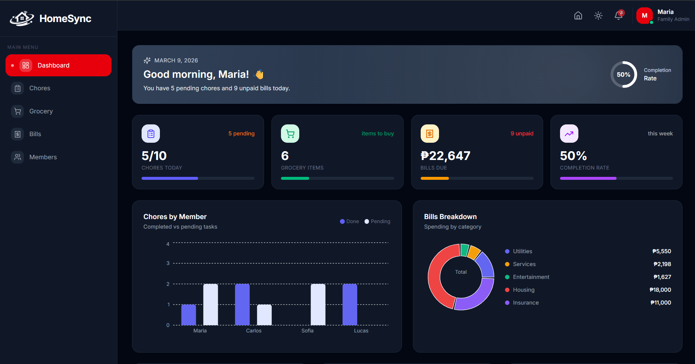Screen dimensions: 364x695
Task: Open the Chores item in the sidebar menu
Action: (x=40, y=88)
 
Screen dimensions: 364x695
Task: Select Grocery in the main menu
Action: (x=41, y=111)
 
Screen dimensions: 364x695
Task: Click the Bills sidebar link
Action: (x=35, y=134)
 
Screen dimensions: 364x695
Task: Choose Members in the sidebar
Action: (x=43, y=157)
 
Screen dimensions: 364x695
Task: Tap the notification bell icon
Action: (x=618, y=15)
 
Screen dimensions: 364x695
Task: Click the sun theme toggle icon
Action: (x=598, y=15)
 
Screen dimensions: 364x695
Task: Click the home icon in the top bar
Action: (x=578, y=15)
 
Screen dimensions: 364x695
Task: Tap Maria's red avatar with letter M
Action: (x=644, y=16)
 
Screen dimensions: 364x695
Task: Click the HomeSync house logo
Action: (x=22, y=18)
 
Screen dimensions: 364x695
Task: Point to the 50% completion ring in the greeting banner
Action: (x=623, y=74)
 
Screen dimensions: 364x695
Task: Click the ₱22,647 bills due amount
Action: (x=445, y=156)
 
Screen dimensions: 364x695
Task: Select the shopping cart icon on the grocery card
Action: (x=290, y=134)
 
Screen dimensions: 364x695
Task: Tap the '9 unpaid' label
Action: (x=522, y=134)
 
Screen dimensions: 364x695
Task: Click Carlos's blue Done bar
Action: (x=242, y=305)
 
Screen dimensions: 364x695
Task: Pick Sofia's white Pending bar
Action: (x=318, y=305)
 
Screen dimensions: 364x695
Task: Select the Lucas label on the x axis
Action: (x=361, y=331)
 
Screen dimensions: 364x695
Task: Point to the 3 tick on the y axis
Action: (x=168, y=263)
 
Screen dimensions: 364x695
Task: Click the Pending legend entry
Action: (x=377, y=222)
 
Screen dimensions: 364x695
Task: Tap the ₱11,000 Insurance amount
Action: (x=661, y=303)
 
